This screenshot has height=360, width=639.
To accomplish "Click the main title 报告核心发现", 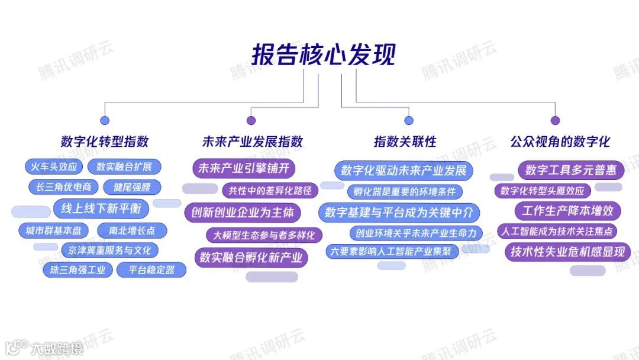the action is tap(323, 54).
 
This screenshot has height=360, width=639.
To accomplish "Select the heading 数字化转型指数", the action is tap(105, 142).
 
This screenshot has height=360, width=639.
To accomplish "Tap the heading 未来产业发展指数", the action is tap(252, 142).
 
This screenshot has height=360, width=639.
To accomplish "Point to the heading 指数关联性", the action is tap(405, 142).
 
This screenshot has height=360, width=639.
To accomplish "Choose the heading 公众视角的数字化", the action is tap(560, 142).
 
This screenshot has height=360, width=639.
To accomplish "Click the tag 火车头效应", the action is tap(54, 167).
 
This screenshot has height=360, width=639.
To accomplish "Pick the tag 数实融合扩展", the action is tap(124, 167).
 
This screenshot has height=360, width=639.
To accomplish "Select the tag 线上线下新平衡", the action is tap(101, 208).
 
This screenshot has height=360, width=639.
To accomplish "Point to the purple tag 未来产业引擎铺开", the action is tap(244, 168).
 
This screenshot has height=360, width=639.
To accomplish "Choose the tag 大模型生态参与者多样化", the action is tap(264, 234).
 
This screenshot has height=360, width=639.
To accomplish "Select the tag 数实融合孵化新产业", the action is tap(251, 257).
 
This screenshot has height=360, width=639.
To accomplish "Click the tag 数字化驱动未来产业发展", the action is tap(404, 171).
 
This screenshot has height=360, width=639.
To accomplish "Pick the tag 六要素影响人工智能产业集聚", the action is tap(392, 251).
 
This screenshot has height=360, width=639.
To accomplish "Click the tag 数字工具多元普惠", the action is tap(571, 171).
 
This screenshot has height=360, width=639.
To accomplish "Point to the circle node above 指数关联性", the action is tap(408, 120).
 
